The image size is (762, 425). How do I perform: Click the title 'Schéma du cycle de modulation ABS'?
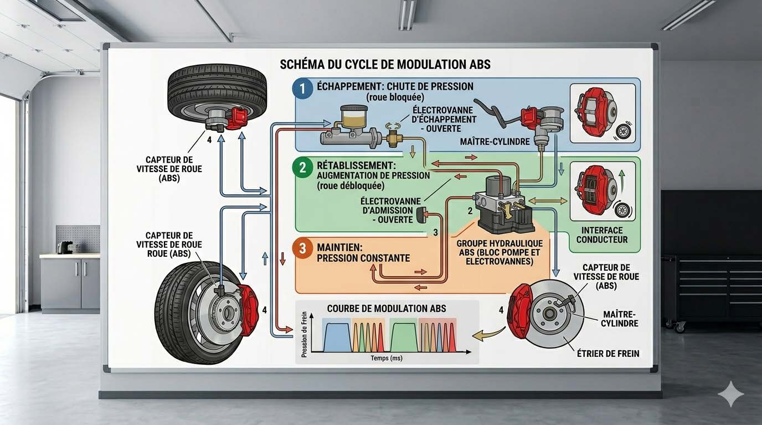pos(385,64)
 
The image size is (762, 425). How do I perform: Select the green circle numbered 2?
pos(303,168)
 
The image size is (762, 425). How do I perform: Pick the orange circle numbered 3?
pos(303,248)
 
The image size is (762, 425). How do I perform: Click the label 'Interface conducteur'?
pos(602,235)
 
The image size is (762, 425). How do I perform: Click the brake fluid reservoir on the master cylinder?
pos(351,117)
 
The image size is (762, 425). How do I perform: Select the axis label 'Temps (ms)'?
pos(387,359)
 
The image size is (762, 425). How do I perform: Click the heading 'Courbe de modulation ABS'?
pos(387,308)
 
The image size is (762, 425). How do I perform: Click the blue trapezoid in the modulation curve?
pos(334,338)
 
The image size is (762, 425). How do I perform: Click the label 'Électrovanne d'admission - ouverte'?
pos(387,210)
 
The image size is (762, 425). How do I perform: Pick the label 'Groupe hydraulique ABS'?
pos(500,252)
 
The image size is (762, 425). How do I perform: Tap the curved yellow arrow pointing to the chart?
pos(488,333)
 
